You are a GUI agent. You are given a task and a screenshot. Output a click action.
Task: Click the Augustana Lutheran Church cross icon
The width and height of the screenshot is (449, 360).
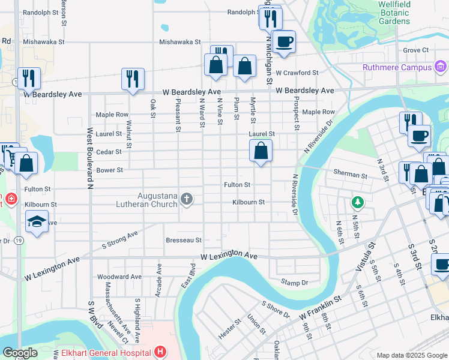click(187, 199)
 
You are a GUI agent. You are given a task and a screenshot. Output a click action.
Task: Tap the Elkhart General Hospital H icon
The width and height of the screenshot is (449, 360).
click(160, 352)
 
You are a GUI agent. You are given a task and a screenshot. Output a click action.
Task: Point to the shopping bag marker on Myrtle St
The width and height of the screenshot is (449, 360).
click(261, 151)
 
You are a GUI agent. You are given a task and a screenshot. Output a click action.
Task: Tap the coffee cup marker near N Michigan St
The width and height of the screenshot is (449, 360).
click(284, 42)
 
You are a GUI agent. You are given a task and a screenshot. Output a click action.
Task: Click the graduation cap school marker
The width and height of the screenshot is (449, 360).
click(37, 221)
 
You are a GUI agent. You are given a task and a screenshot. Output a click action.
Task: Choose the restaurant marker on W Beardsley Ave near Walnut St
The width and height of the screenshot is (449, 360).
click(132, 79)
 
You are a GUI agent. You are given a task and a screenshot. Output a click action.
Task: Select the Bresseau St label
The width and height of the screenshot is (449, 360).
click(184, 240)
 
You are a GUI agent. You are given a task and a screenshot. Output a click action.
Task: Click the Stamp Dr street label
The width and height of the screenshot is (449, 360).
click(294, 282)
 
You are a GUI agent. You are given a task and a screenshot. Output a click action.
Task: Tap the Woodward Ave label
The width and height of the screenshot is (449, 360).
click(119, 277)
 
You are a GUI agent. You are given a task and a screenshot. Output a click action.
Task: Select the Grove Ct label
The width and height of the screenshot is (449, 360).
click(416, 50)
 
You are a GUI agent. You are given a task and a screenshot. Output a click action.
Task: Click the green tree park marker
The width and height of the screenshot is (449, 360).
click(357, 202)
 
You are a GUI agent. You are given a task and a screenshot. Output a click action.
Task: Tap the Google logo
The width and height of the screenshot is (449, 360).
click(20, 353)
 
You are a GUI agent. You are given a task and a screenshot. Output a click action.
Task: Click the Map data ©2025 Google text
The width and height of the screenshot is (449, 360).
click(411, 355)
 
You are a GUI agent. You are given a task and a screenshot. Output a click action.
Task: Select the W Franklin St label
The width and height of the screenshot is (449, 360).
click(320, 305)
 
